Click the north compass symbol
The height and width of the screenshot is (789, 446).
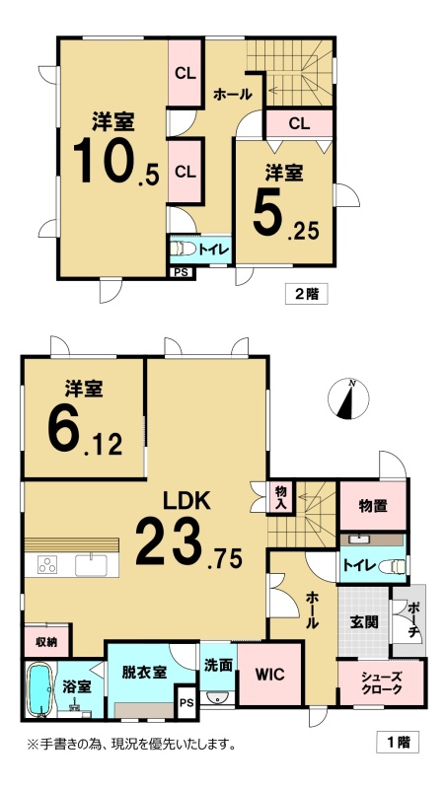(348, 398)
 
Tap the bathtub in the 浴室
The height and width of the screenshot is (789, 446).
(37, 688)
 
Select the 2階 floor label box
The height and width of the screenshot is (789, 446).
(306, 294)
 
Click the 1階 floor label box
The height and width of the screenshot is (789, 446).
(398, 743)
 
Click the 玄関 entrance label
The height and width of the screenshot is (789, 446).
(364, 622)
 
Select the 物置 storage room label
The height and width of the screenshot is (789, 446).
(373, 507)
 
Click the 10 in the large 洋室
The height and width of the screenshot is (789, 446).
(104, 160)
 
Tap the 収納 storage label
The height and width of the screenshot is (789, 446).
(45, 642)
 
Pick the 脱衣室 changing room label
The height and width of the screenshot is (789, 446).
(145, 673)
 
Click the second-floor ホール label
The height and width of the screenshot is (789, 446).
(232, 94)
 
